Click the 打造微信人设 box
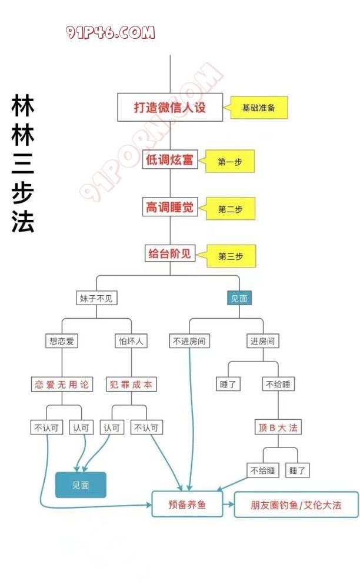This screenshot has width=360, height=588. click(x=170, y=108)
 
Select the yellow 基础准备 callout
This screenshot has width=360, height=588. click(x=259, y=108)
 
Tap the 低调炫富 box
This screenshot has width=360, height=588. click(x=170, y=159)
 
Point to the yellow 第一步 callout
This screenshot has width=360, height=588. click(x=231, y=162)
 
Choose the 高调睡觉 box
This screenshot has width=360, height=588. click(x=170, y=207)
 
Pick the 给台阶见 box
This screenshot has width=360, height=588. click(x=170, y=254)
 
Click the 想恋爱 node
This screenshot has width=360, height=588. click(x=62, y=340)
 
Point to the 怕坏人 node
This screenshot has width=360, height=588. click(x=131, y=340)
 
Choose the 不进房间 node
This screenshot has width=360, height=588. click(x=189, y=340)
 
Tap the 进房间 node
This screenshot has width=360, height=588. click(x=262, y=340)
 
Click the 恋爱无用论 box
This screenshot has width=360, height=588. click(x=62, y=385)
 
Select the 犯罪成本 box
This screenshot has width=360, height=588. click(x=131, y=385)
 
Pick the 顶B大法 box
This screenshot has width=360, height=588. click(x=278, y=427)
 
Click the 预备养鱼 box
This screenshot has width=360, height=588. click(x=187, y=505)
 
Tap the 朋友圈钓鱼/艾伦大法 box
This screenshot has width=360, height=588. click(x=296, y=505)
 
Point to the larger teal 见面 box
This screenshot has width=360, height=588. click(x=81, y=485)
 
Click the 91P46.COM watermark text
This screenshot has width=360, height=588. click(x=111, y=32)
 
